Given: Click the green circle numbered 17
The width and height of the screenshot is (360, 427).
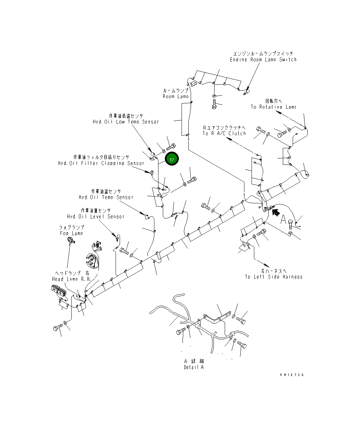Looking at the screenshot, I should coord(172,159).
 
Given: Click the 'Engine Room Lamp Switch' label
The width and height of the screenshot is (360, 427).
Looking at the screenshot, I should coord(263,59).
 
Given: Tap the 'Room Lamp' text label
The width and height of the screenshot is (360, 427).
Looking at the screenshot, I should coord(175,96).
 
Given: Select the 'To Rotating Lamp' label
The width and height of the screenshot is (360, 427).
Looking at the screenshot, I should coord(273,107).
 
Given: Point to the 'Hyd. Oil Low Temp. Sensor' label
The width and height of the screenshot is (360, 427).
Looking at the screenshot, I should coord(126,121).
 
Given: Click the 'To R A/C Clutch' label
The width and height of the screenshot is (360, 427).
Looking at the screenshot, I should coord(224,133).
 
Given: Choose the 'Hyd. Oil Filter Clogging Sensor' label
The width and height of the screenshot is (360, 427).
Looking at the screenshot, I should coord(101,163).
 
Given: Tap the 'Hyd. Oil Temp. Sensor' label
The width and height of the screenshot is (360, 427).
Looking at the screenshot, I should coord(106,197).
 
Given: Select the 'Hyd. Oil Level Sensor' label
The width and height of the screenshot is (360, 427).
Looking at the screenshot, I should coord(96,217).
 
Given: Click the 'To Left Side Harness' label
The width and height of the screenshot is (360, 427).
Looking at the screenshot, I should coord(273,277).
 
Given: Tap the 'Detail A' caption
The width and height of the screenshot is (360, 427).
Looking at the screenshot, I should coord(194,367).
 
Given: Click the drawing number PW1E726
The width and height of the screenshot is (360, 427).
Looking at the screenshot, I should coord(292,375).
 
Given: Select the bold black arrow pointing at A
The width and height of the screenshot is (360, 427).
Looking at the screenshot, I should coord(276,212).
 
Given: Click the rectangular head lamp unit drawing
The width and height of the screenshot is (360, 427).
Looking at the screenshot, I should coord(57,291).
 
